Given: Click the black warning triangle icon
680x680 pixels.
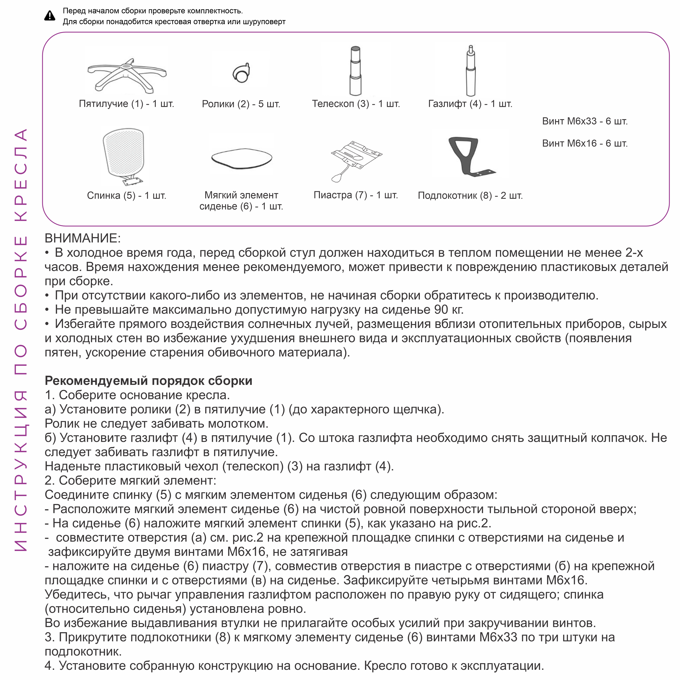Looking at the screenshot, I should [50, 16].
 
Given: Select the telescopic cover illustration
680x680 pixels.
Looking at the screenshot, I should [355, 70].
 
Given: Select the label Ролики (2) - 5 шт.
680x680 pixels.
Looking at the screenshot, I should [241, 104].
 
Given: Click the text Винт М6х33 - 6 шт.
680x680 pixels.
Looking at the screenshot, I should [585, 121].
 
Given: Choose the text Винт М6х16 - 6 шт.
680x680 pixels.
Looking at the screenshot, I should [585, 144].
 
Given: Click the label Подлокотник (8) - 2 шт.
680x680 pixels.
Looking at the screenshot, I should [470, 196].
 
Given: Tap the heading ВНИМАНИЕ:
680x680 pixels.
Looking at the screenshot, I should [83, 238].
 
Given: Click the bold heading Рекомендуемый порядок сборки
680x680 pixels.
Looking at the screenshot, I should [149, 381].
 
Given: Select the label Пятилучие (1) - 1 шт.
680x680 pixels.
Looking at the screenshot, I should [126, 104].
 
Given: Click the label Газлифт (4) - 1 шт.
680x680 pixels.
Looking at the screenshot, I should [470, 104].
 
